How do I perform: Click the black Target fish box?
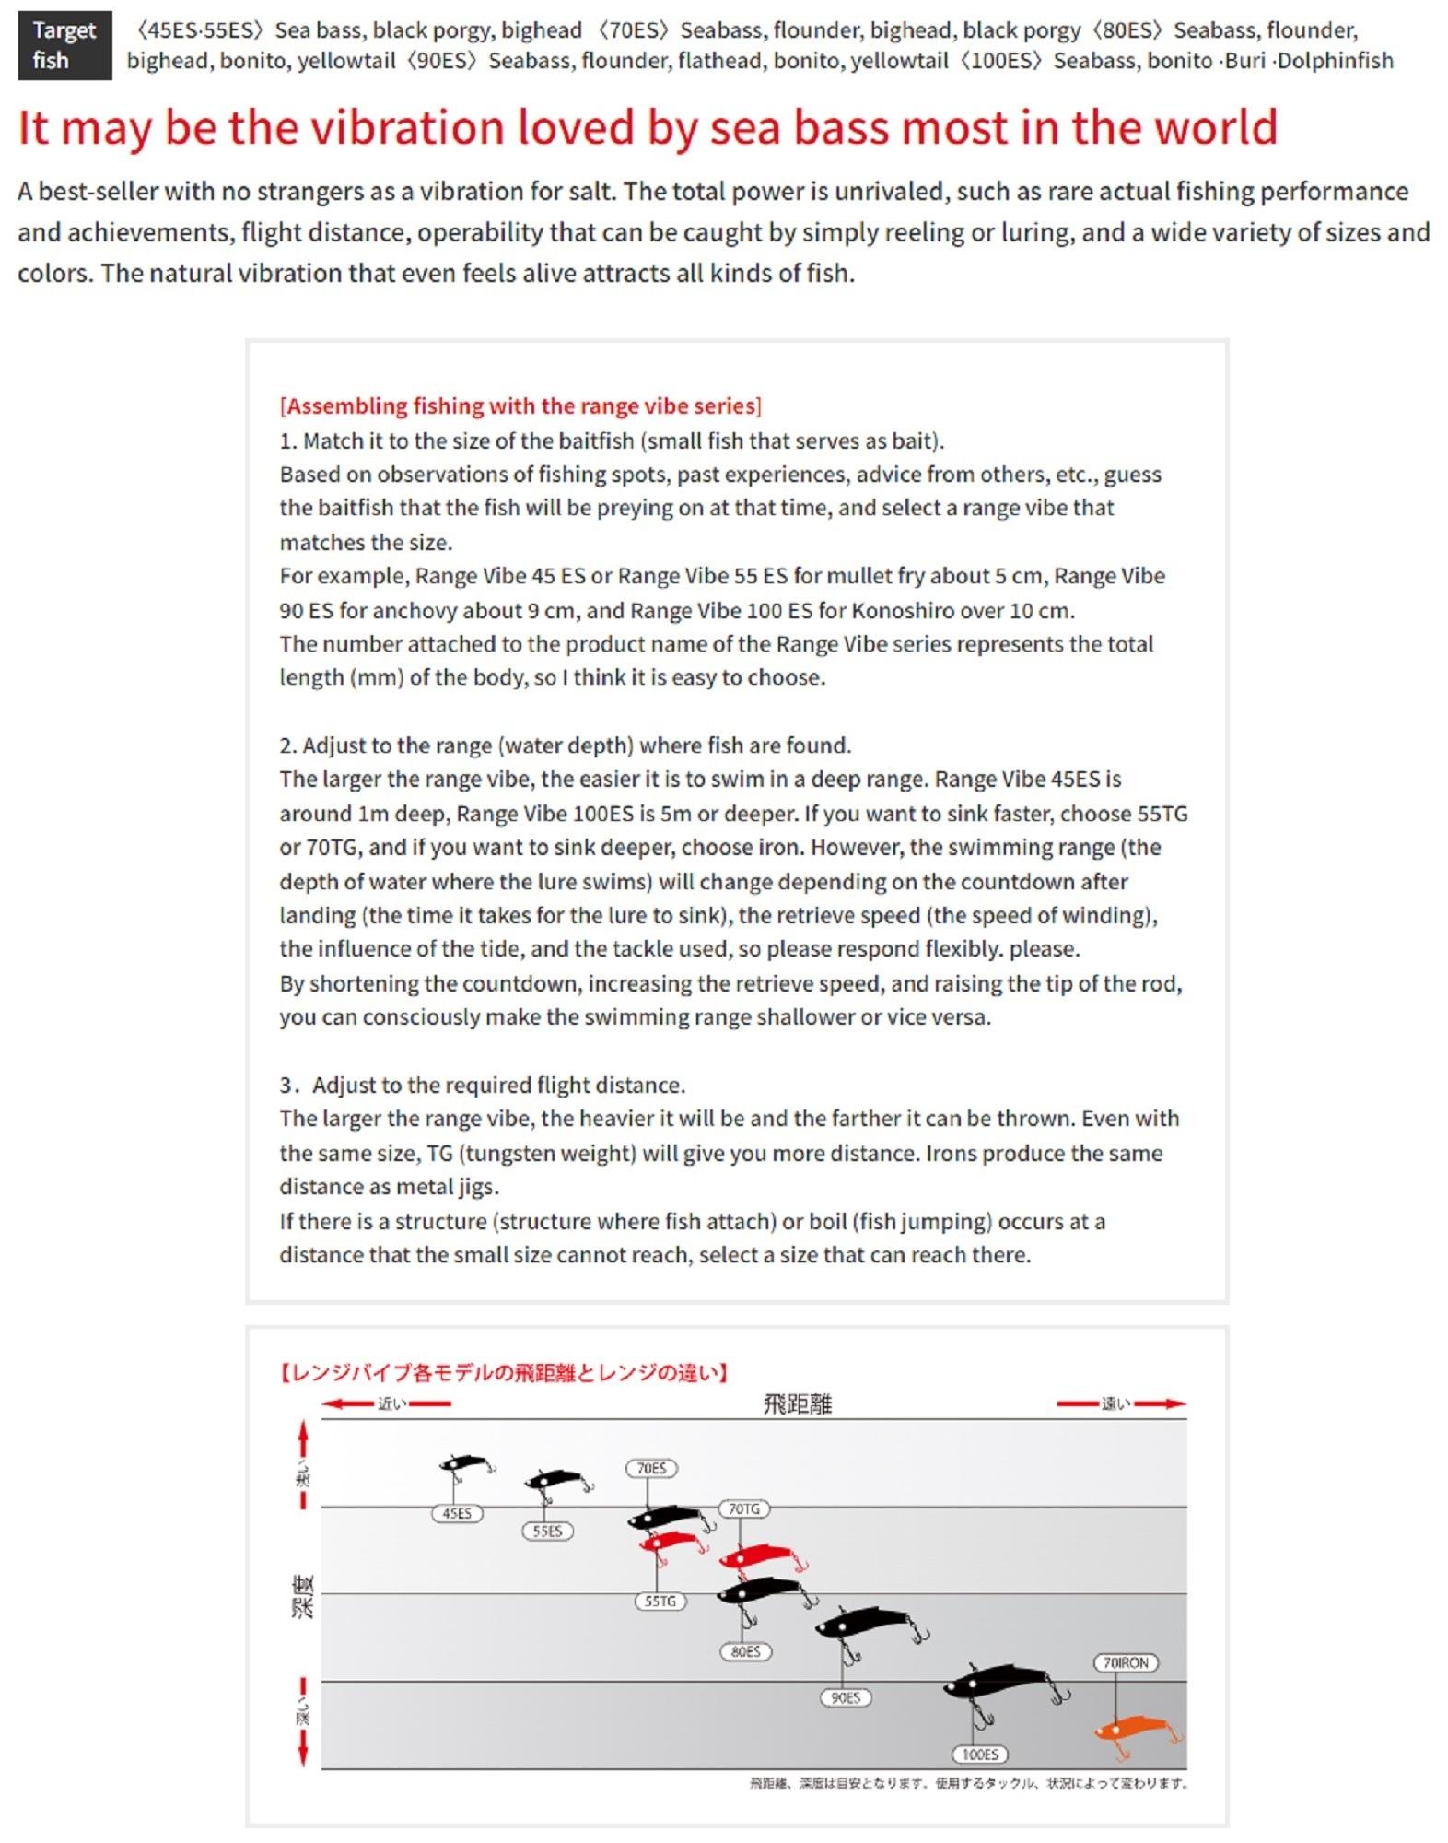tap(64, 45)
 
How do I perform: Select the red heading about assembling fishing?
tap(520, 406)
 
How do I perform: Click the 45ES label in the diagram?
tap(457, 1513)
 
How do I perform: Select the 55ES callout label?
tap(547, 1531)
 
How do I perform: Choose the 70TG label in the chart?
tap(744, 1508)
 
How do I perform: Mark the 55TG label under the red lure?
tap(660, 1601)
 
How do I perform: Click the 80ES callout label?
tap(745, 1651)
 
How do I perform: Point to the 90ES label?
tap(845, 1697)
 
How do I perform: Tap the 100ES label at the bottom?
tap(980, 1755)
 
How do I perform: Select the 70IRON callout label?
tap(1126, 1662)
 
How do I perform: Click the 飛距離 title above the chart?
tap(798, 1403)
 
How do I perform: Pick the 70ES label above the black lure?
tap(651, 1468)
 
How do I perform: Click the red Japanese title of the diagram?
tap(504, 1373)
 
